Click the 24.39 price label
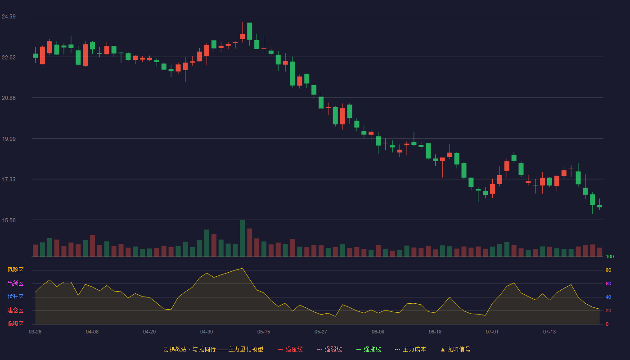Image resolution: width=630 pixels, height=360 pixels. [x=9, y=17]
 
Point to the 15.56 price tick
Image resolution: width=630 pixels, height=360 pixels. [x=9, y=220]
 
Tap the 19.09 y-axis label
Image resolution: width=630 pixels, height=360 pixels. [x=9, y=139]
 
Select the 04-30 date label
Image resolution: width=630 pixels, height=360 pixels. [x=207, y=332]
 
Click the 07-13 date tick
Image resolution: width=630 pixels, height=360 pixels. [x=549, y=332]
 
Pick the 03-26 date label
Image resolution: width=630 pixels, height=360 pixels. [x=35, y=332]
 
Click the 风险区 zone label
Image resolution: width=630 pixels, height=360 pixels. [x=15, y=270]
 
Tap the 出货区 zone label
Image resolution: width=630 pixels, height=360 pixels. [x=15, y=283]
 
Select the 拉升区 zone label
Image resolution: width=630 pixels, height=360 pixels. [x=15, y=297]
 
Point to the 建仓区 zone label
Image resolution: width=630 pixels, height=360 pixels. [x=15, y=310]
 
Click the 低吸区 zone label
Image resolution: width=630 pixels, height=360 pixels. [x=15, y=324]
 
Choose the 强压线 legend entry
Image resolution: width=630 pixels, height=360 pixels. [x=290, y=349]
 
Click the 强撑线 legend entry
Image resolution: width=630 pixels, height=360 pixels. [x=369, y=349]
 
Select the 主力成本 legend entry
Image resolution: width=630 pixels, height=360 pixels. [x=410, y=349]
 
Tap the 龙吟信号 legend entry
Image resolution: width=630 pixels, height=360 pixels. [x=455, y=349]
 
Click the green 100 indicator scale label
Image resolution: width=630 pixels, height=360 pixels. [x=610, y=256]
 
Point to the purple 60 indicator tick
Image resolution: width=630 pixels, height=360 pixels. [x=608, y=283]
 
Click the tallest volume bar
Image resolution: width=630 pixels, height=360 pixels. [x=243, y=238]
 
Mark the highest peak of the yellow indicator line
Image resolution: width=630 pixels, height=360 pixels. [x=243, y=268]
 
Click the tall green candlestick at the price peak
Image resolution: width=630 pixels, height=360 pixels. [x=249, y=31]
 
